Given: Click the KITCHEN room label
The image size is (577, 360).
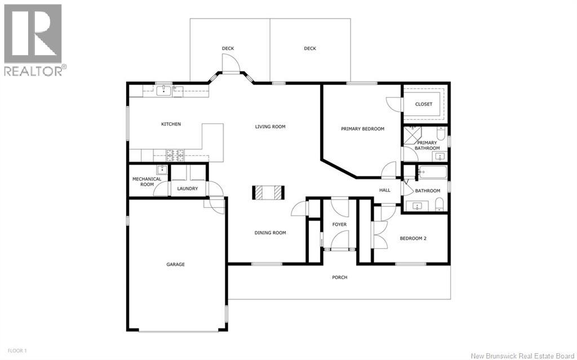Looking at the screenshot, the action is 171,124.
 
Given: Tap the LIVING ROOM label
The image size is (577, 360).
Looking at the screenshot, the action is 270,127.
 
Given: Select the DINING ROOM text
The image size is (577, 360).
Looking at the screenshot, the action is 270,233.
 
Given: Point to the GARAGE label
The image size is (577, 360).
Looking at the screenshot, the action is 176,264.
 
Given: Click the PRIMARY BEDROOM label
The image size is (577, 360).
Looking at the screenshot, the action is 362,129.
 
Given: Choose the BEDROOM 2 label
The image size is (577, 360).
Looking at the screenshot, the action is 413,238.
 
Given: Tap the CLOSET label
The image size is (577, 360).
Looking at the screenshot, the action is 424,104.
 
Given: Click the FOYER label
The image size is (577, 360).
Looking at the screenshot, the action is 339,224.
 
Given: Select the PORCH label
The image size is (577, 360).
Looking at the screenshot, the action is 340,277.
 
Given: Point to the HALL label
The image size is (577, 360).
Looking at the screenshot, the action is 385,190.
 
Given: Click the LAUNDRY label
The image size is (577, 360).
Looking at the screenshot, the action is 188,189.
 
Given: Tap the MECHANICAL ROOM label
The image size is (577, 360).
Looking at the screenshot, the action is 147,181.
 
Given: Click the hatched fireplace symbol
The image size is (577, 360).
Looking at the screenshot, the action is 268,192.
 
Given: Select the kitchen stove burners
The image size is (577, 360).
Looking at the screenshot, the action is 175,155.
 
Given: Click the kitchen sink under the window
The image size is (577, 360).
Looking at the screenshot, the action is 164,91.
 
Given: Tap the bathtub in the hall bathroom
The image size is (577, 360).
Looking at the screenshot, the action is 433,172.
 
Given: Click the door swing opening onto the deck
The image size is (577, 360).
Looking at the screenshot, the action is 230,63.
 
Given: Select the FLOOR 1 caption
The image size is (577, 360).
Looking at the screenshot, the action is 17,351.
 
